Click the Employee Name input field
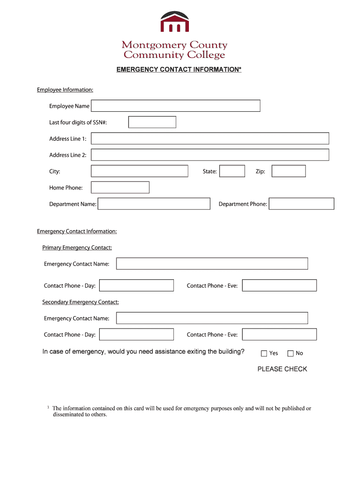click(x=175, y=106)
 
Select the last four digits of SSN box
click(x=152, y=122)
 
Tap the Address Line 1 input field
click(x=210, y=138)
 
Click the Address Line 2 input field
click(x=210, y=155)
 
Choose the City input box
click(x=139, y=171)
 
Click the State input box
click(x=232, y=171)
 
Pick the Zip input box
click(x=288, y=171)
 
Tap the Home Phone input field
click(x=120, y=188)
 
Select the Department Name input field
click(x=154, y=204)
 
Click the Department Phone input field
click(x=302, y=204)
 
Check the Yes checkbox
click(x=264, y=354)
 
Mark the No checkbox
click(x=290, y=354)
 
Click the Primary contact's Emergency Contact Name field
click(x=212, y=264)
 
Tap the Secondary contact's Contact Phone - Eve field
click(x=279, y=334)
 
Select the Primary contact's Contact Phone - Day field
click(x=137, y=285)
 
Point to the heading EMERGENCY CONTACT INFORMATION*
click(x=179, y=70)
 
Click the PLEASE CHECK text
click(x=282, y=369)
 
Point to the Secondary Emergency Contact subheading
click(x=80, y=302)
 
